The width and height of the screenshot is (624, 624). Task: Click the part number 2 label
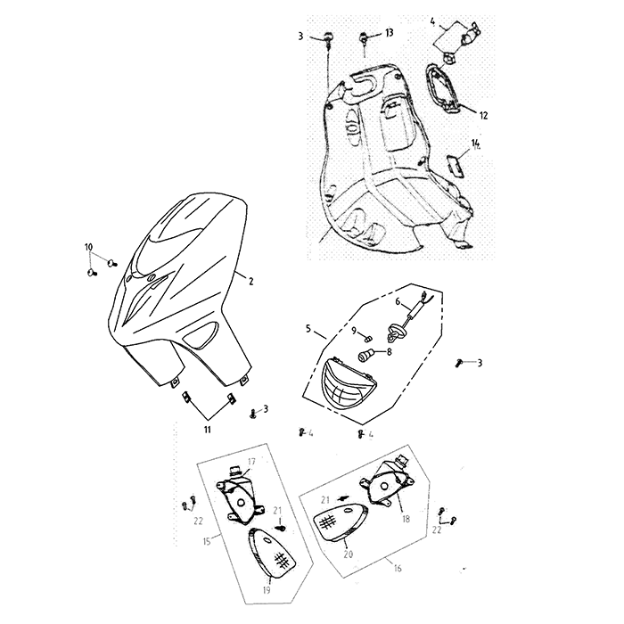pyautogui.click(x=250, y=282)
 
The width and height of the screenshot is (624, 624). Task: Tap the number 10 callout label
pyautogui.click(x=88, y=247)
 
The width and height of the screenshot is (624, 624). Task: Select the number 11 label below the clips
pyautogui.click(x=207, y=430)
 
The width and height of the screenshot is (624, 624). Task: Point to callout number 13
pyautogui.click(x=389, y=33)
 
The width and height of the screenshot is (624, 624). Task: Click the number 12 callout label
pyautogui.click(x=483, y=115)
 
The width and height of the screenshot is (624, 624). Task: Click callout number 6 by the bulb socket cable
pyautogui.click(x=398, y=302)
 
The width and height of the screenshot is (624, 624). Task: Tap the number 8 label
pyautogui.click(x=389, y=352)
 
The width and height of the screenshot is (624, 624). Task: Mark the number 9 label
pyautogui.click(x=354, y=331)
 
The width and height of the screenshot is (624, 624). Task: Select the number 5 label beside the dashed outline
pyautogui.click(x=308, y=328)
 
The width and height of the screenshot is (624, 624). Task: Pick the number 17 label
pyautogui.click(x=251, y=462)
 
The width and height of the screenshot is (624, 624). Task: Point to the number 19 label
pyautogui.click(x=267, y=590)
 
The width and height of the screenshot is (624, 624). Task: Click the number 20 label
pyautogui.click(x=348, y=554)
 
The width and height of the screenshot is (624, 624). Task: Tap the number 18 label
pyautogui.click(x=406, y=519)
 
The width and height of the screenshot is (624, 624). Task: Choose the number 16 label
pyautogui.click(x=398, y=568)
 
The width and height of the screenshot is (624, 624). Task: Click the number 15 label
pyautogui.click(x=207, y=542)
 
